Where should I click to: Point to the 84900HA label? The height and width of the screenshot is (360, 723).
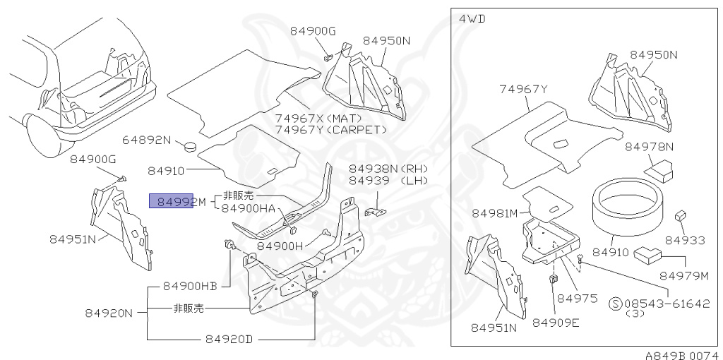248,209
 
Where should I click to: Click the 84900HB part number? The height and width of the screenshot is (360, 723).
190,286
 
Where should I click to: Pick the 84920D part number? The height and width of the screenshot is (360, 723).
229,339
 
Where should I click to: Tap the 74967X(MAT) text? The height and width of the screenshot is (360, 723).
318,118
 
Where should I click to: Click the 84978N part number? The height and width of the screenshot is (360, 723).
649,147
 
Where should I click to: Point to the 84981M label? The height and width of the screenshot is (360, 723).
495,212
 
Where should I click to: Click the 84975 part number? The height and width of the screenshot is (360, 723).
578,299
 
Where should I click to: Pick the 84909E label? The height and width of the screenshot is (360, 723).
556,323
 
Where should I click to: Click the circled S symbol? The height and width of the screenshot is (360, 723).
616,304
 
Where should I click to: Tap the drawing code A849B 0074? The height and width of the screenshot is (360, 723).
681,355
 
